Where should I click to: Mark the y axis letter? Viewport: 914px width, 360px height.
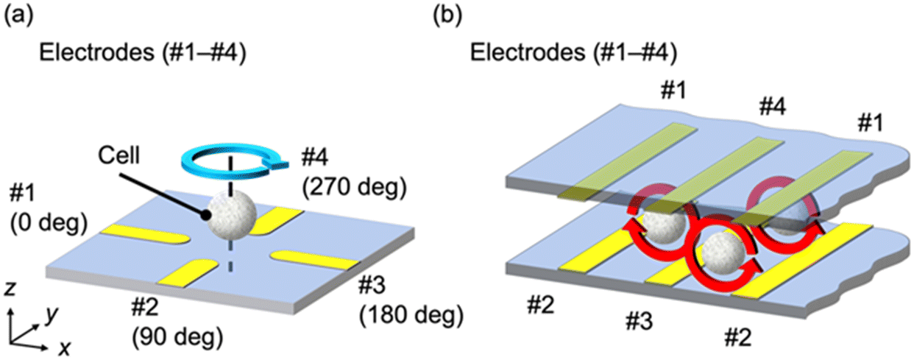(x=50, y=315)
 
